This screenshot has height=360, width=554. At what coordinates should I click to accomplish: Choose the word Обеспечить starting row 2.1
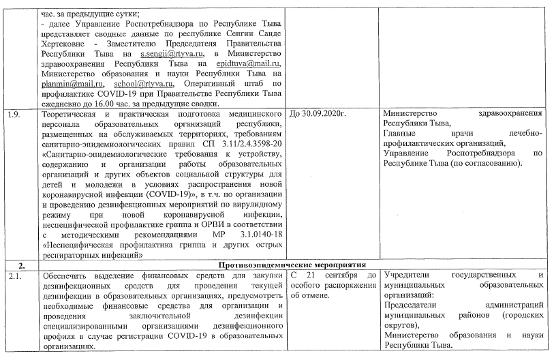[x=66, y=275]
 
